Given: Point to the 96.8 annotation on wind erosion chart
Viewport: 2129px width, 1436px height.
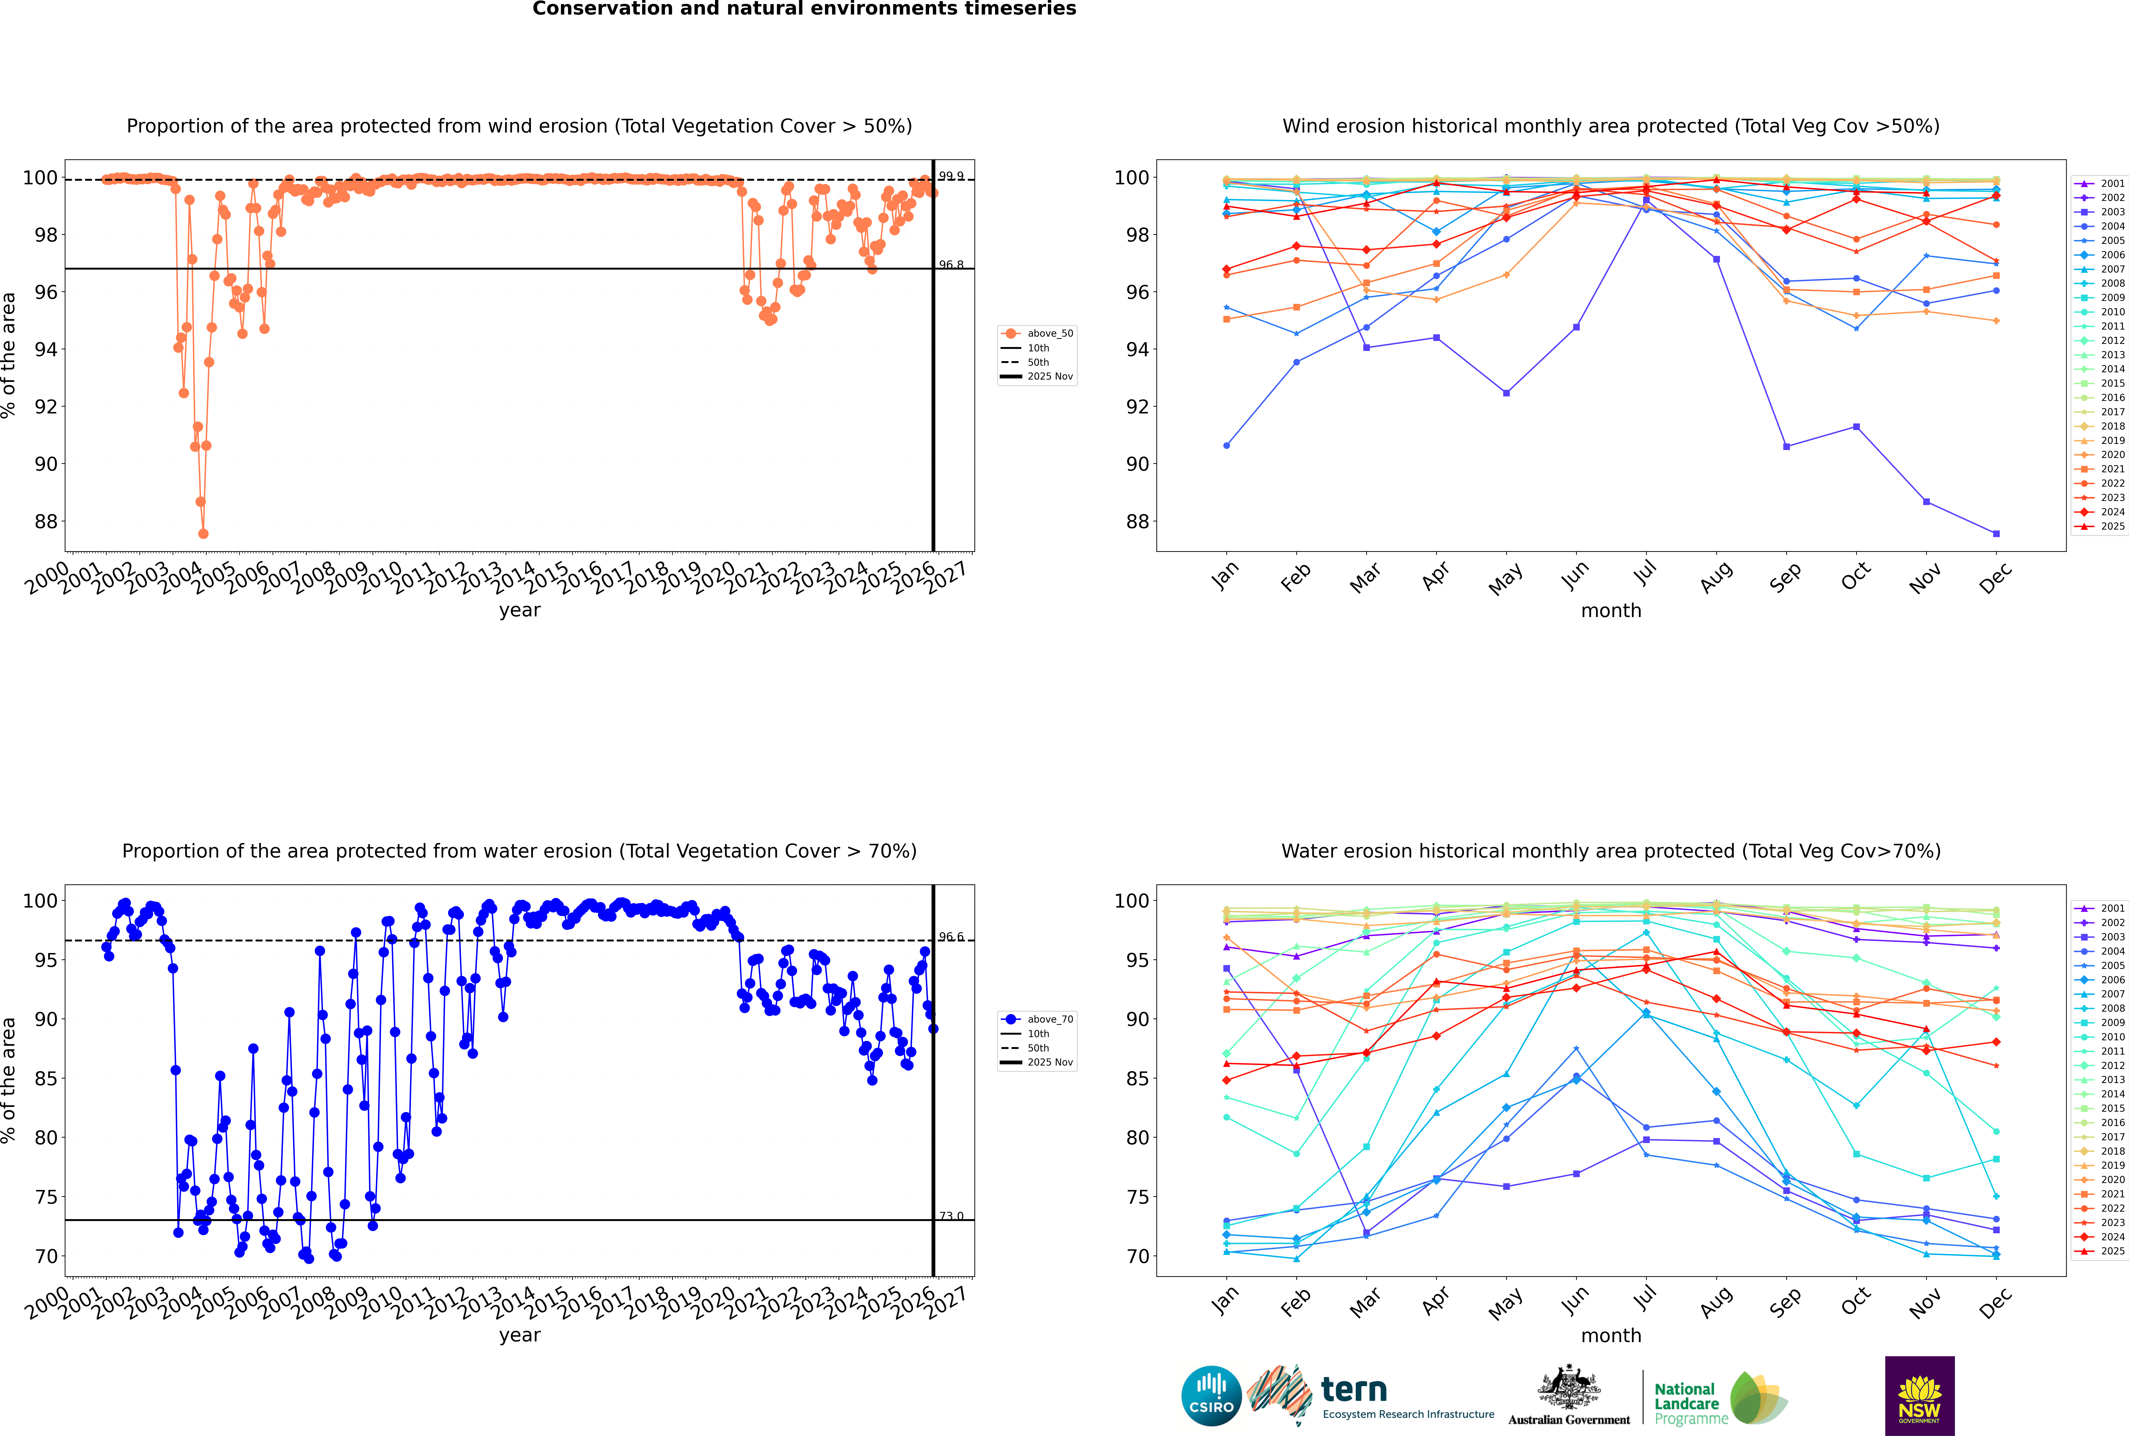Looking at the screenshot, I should [951, 265].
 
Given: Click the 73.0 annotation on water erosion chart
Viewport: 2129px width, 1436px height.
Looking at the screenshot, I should [951, 1216].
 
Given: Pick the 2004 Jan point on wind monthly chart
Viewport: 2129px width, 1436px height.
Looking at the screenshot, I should [1227, 446].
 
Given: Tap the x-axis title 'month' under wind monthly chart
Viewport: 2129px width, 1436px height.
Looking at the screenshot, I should [1611, 611].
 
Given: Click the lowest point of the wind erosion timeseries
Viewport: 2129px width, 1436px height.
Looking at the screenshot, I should [203, 534].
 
